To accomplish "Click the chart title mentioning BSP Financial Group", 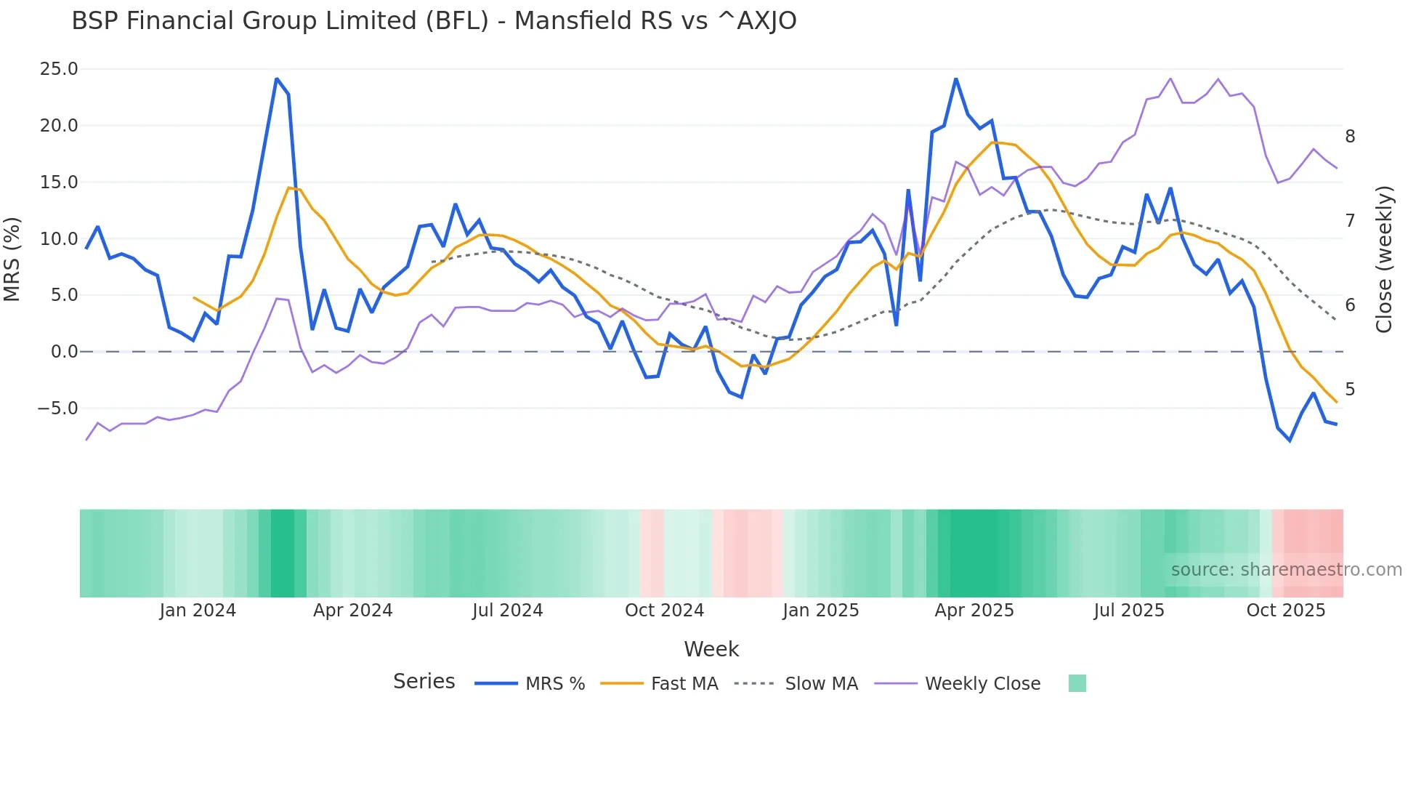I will click(x=434, y=21).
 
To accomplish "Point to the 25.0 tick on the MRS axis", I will click(x=59, y=69).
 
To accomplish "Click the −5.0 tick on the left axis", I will click(x=57, y=408).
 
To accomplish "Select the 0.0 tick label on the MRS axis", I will click(x=64, y=352).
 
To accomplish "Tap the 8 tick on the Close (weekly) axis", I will click(x=1350, y=137).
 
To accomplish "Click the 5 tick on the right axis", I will click(x=1350, y=390).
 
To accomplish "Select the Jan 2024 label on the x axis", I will click(x=198, y=611).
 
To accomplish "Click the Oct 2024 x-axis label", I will click(x=664, y=611).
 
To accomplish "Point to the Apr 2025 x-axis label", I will click(x=974, y=611).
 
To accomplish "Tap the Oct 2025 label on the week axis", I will click(x=1285, y=611).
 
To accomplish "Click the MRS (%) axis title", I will click(x=12, y=259).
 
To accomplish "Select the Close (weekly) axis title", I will click(x=1384, y=259).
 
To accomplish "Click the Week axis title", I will click(x=711, y=649).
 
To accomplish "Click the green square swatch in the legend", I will click(x=1077, y=683).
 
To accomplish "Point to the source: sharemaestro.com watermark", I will click(x=1286, y=570).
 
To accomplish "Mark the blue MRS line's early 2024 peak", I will click(x=277, y=79).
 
